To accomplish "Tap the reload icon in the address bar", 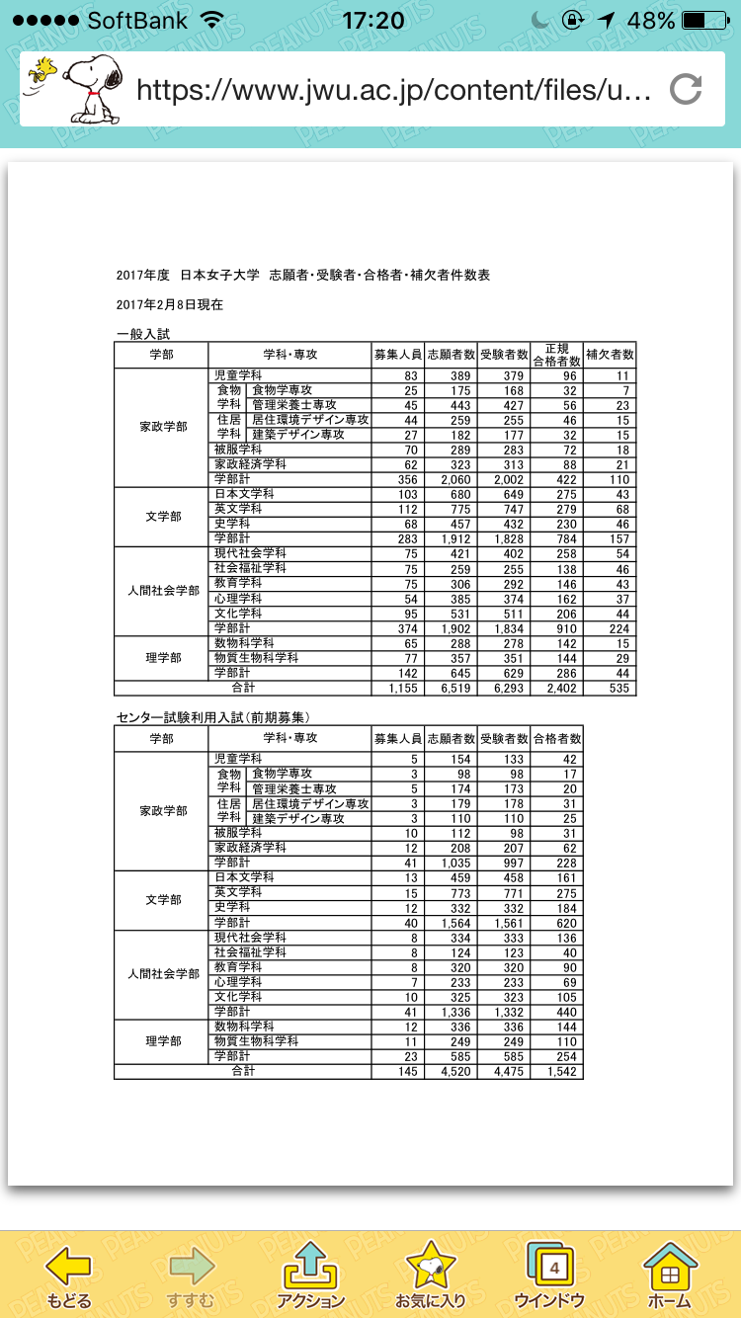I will tap(686, 90).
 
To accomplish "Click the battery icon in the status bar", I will tap(705, 21).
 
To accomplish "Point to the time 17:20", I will tap(372, 21).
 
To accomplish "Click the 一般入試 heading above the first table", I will tap(142, 335).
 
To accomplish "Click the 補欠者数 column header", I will tap(610, 354).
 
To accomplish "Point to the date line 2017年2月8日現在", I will tap(169, 304).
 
